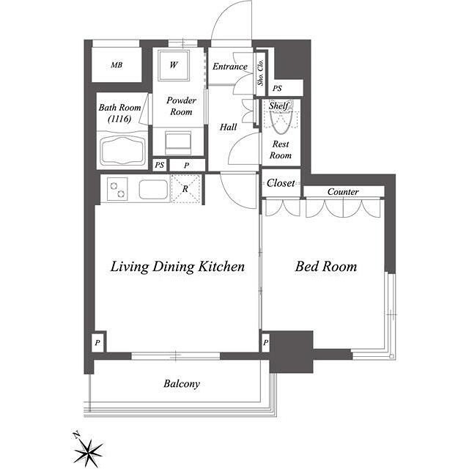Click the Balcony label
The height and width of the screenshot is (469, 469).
(x=182, y=383)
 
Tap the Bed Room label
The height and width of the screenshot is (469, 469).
(x=325, y=266)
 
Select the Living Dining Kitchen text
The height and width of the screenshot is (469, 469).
(x=177, y=267)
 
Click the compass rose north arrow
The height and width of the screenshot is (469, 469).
(x=89, y=448)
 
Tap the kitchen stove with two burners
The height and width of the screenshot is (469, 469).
(x=117, y=190)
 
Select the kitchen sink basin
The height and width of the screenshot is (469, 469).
(x=153, y=189)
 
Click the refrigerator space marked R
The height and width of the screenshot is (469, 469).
(x=185, y=189)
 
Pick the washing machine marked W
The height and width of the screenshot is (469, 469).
(x=174, y=64)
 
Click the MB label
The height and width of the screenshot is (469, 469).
(x=117, y=65)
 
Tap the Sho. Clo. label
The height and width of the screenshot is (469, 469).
(x=261, y=73)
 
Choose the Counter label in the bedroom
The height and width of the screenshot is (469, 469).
(x=343, y=191)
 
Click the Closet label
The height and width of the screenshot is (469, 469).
(x=281, y=182)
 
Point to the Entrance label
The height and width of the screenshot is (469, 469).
(x=230, y=67)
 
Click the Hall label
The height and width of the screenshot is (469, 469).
(x=228, y=127)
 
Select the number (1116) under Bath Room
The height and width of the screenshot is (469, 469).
(x=119, y=119)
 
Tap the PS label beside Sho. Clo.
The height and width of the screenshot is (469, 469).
(x=277, y=89)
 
